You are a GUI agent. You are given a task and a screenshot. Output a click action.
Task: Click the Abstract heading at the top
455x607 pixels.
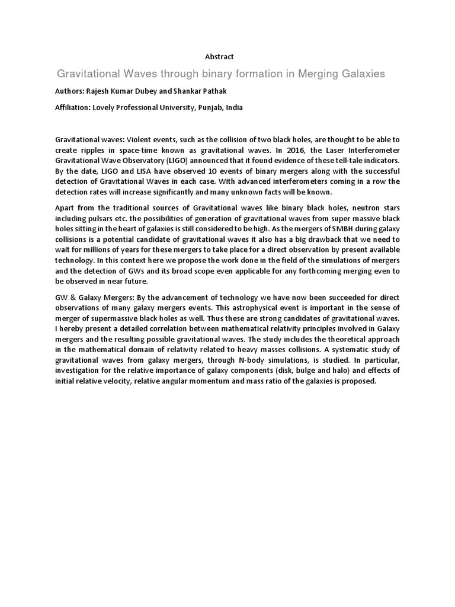coord(219,56)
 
